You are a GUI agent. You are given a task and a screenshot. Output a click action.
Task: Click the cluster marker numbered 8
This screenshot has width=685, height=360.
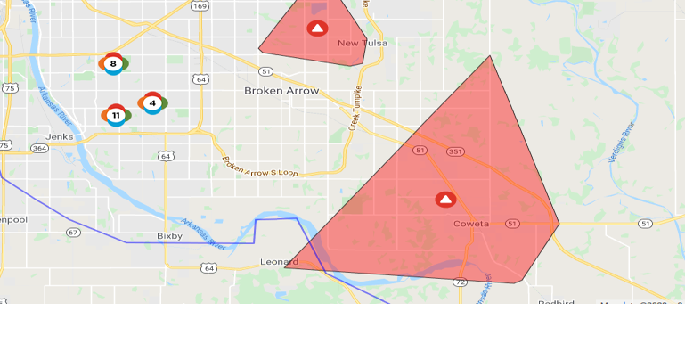[x=113, y=63]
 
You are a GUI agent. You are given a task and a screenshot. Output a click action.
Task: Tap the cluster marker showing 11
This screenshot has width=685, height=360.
[x=116, y=115]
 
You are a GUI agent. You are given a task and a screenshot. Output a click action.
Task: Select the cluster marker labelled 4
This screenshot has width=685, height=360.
[x=152, y=103]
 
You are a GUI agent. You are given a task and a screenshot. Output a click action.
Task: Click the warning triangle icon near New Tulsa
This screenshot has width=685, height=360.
[x=317, y=29]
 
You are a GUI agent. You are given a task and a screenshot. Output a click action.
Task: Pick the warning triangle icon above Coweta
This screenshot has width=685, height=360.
[x=446, y=200]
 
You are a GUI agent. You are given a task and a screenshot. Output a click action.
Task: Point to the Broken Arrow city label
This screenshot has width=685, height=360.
[x=281, y=91]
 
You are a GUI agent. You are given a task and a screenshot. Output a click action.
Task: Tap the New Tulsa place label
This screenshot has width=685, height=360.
[x=360, y=43]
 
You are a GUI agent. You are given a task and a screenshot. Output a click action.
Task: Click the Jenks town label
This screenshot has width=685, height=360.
[x=60, y=136]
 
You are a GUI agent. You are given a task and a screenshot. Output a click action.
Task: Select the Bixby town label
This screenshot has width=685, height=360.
[x=169, y=235]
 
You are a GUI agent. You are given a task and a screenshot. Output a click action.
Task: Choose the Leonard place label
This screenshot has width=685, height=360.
[x=279, y=262]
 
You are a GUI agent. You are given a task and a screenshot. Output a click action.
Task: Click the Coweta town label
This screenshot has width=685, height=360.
[x=471, y=224]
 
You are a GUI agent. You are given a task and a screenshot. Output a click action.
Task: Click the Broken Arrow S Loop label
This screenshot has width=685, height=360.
[x=259, y=166]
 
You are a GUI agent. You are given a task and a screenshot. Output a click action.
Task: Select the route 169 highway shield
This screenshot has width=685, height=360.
[x=200, y=5]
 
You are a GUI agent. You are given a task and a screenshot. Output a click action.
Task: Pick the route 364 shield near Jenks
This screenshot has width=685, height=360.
[x=39, y=148]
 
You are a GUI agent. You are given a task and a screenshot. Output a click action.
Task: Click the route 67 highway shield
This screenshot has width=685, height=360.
[x=73, y=232]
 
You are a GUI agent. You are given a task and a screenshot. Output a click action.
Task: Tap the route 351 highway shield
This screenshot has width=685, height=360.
[x=455, y=151]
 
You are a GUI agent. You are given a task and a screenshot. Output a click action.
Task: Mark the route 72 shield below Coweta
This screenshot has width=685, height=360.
[x=460, y=282]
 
